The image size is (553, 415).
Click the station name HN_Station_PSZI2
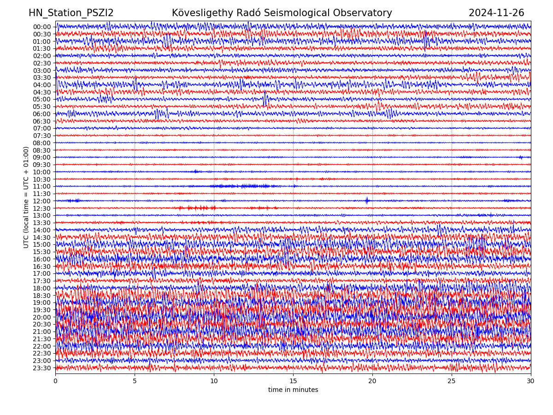(x=71, y=13)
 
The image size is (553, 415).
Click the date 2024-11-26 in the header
(x=496, y=13)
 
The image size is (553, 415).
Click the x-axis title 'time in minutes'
(x=293, y=390)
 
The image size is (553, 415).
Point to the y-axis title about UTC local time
(x=26, y=197)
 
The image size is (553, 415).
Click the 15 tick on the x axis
(x=293, y=381)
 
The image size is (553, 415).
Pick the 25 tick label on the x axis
(x=452, y=381)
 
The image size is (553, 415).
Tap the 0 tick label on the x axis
(x=55, y=381)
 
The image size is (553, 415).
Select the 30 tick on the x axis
(x=531, y=381)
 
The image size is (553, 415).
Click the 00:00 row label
(x=41, y=27)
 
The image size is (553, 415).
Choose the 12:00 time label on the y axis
(x=41, y=201)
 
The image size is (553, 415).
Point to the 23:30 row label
(x=41, y=368)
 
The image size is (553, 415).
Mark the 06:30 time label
(x=41, y=121)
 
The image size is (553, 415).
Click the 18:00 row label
(x=41, y=288)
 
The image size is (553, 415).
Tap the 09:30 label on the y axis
(x=41, y=165)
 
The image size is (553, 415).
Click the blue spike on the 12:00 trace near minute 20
(x=367, y=201)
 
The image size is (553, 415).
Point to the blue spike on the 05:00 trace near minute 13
(x=265, y=99)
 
